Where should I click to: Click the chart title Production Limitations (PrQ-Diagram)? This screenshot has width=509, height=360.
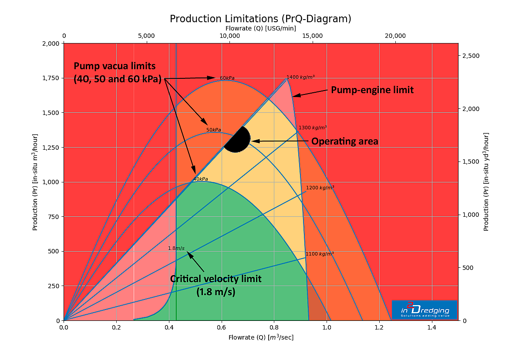[x=260, y=19]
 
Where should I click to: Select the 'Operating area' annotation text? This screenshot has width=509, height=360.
[x=344, y=141]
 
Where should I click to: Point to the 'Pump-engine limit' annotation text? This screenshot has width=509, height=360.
[x=372, y=90]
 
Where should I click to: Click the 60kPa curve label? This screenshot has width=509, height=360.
[x=227, y=78]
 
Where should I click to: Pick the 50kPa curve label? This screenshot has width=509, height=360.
[x=214, y=130]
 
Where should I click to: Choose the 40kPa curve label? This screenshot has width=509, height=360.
[x=200, y=179]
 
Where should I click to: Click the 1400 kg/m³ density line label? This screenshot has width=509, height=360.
[x=300, y=77]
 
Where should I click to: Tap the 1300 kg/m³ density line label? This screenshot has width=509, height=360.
[x=312, y=128]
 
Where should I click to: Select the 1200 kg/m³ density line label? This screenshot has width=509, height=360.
[x=320, y=188]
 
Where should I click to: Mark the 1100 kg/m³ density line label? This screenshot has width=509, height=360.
[x=320, y=254]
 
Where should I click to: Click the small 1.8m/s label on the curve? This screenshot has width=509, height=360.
[x=176, y=249]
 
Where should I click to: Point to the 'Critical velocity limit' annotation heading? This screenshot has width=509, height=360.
[x=216, y=279]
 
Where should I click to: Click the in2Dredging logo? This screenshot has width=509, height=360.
[x=424, y=310]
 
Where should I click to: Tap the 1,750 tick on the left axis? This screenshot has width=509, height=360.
[x=52, y=78]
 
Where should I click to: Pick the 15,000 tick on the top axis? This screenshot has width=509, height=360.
[x=313, y=36]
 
